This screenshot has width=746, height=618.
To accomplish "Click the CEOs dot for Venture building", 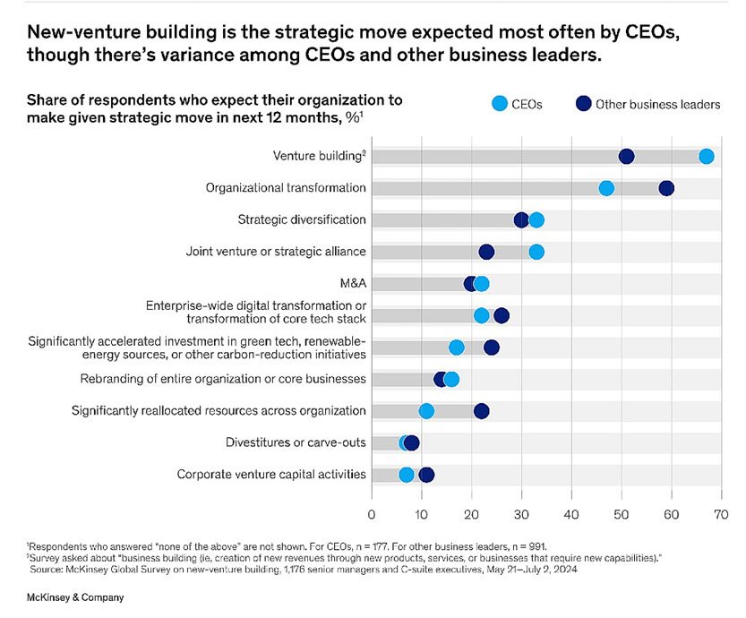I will tap(706, 157).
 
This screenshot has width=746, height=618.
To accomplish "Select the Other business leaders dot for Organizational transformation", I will tap(665, 188).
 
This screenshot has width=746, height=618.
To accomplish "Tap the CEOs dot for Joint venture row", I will tap(536, 252).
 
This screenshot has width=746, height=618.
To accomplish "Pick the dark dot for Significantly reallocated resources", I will tap(481, 411).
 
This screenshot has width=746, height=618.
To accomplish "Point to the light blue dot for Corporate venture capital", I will tap(407, 475).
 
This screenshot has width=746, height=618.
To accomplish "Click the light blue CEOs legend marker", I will tap(498, 104).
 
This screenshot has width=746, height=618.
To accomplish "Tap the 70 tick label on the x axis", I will tap(716, 514).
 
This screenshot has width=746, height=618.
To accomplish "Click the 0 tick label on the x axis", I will tap(372, 514).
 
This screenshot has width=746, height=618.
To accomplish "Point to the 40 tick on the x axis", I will tap(570, 514).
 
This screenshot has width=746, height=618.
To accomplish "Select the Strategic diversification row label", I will tap(301, 219).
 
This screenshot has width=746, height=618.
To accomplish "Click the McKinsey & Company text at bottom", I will tap(75, 597).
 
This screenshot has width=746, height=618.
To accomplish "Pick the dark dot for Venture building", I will tap(626, 157).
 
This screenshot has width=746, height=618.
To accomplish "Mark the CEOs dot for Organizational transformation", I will tap(606, 188).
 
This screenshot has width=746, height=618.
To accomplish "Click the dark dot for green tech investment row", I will tap(491, 348).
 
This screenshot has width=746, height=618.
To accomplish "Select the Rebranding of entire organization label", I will tap(223, 379).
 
